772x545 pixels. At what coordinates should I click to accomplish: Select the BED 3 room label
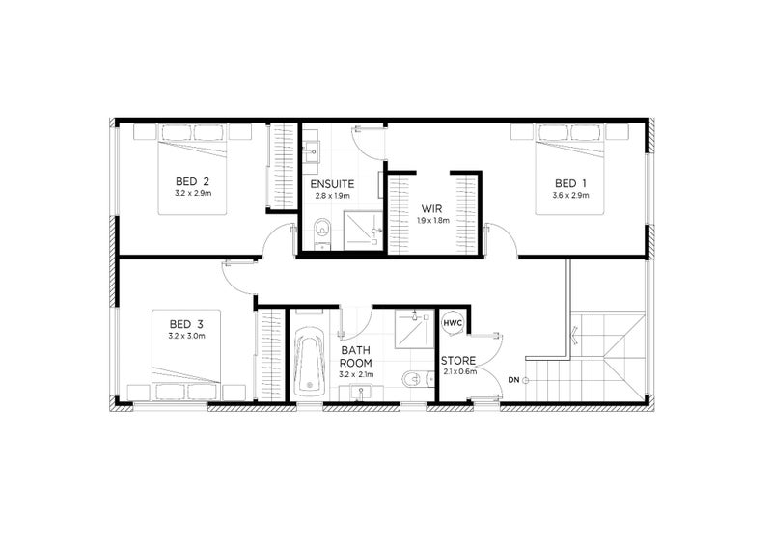coord(186,323)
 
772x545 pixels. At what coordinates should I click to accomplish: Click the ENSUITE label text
coord(332,183)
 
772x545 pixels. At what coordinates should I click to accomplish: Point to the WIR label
coord(431,207)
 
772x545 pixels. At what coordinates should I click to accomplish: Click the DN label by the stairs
coord(514,380)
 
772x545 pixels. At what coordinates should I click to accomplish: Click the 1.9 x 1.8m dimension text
coord(431,220)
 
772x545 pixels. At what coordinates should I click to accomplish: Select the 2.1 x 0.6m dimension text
coord(459,373)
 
